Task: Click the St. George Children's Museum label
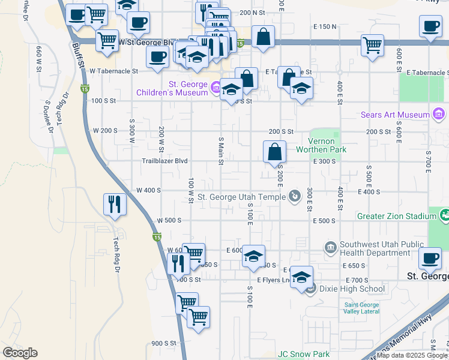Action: (172, 89)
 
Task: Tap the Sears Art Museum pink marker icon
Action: (438, 114)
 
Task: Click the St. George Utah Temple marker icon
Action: (295, 196)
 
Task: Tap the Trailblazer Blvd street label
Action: (164, 161)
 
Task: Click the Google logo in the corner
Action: (20, 353)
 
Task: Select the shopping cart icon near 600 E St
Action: (372, 44)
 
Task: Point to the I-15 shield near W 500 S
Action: (156, 238)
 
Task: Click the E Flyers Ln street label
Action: (273, 280)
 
